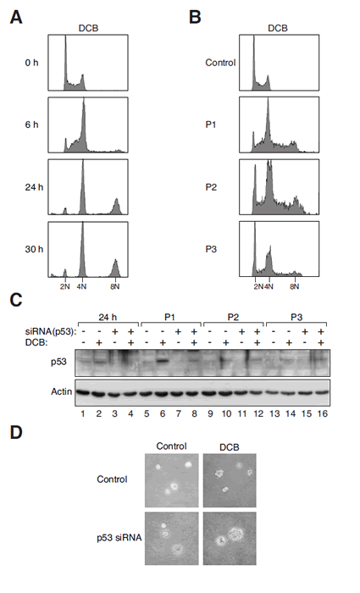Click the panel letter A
[x=16, y=18]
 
